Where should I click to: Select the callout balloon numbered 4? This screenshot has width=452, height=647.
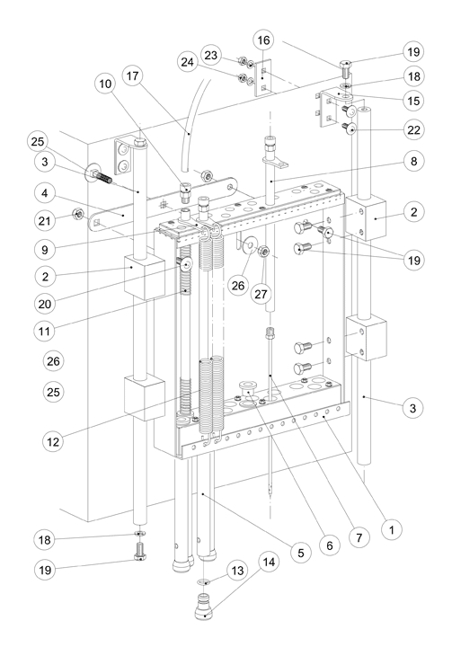pos(45,192)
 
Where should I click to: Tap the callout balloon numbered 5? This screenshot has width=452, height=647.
pos(300,553)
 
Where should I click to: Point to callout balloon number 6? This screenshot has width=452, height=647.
pos(330,545)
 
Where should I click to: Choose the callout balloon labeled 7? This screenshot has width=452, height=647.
pos(359,537)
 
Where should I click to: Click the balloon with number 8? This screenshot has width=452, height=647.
pos(413,161)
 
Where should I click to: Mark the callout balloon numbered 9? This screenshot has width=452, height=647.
pos(45,249)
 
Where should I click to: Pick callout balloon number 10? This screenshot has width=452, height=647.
pos(105,84)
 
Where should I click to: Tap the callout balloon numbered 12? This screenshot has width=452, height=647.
pos(53,442)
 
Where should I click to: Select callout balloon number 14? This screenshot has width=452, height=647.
pos(269,562)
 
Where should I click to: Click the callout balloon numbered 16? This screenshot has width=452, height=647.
pos(263,40)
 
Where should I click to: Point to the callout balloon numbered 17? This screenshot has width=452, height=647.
pos(132,75)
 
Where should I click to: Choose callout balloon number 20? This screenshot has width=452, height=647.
pos(45,304)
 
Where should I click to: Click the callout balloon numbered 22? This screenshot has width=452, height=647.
pos(413,129)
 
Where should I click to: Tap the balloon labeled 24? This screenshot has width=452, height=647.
pos(188,62)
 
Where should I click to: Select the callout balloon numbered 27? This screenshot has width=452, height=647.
pos(261,294)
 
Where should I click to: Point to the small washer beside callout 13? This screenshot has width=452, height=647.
pos(204,582)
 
